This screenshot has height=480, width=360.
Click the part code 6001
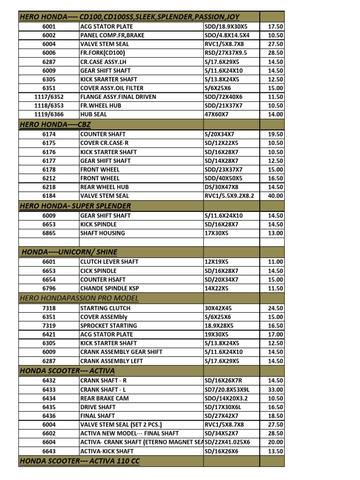click(x=49, y=27)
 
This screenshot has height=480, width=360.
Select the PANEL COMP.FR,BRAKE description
click(x=112, y=36)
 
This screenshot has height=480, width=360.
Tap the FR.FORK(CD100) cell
click(x=102, y=53)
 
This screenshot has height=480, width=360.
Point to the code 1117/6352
click(x=49, y=97)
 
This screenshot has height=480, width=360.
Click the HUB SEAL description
click(x=94, y=114)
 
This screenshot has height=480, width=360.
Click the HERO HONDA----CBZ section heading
click(x=55, y=124)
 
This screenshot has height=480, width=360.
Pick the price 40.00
click(x=275, y=196)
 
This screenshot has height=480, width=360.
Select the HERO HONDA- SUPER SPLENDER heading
click(x=75, y=206)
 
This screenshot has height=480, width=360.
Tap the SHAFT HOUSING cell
click(x=103, y=233)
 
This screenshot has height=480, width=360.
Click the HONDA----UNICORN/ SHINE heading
click(x=69, y=252)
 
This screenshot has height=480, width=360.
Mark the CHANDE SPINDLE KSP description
click(x=110, y=288)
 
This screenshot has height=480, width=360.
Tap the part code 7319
click(x=49, y=326)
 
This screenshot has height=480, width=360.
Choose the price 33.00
click(x=275, y=390)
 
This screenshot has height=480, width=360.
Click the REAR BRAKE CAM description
click(x=105, y=398)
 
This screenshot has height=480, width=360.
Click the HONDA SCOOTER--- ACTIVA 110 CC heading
click(x=79, y=461)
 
